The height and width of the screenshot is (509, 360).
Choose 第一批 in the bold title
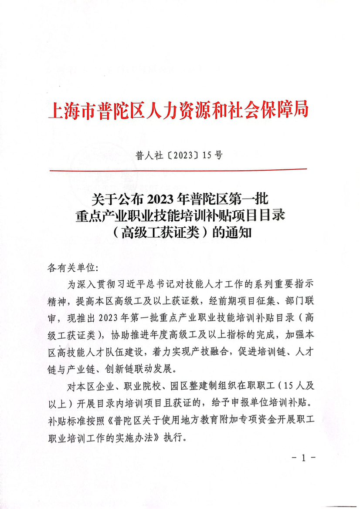[253, 200]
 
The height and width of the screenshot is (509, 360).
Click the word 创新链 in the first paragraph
[120, 368]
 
